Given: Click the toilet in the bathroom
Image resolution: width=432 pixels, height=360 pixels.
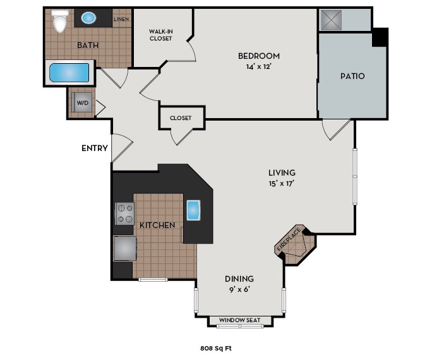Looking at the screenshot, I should (60, 22).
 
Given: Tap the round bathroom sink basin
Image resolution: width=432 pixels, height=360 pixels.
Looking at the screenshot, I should (89, 18).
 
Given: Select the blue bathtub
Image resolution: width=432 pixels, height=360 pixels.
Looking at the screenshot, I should (69, 73).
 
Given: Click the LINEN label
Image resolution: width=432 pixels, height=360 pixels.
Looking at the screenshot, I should (121, 19).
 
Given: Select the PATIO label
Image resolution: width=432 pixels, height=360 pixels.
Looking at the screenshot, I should (352, 76).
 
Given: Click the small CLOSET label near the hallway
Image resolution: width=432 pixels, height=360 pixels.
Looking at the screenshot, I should (181, 117).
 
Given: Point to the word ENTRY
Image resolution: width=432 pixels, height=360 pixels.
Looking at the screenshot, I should (95, 148).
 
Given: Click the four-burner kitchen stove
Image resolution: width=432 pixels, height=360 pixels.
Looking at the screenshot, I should (124, 213).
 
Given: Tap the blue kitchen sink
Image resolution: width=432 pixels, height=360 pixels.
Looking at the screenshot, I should (193, 210).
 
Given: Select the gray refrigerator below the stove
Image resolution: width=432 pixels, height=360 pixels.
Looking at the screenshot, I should (124, 248).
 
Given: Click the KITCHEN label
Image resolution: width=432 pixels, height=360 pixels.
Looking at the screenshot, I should (157, 225).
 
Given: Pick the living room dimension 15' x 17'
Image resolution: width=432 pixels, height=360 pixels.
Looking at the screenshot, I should (282, 183).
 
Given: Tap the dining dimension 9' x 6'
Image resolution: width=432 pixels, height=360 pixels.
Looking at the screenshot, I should (239, 289).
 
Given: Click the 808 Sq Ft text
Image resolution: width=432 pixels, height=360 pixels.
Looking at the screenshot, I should (216, 347).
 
